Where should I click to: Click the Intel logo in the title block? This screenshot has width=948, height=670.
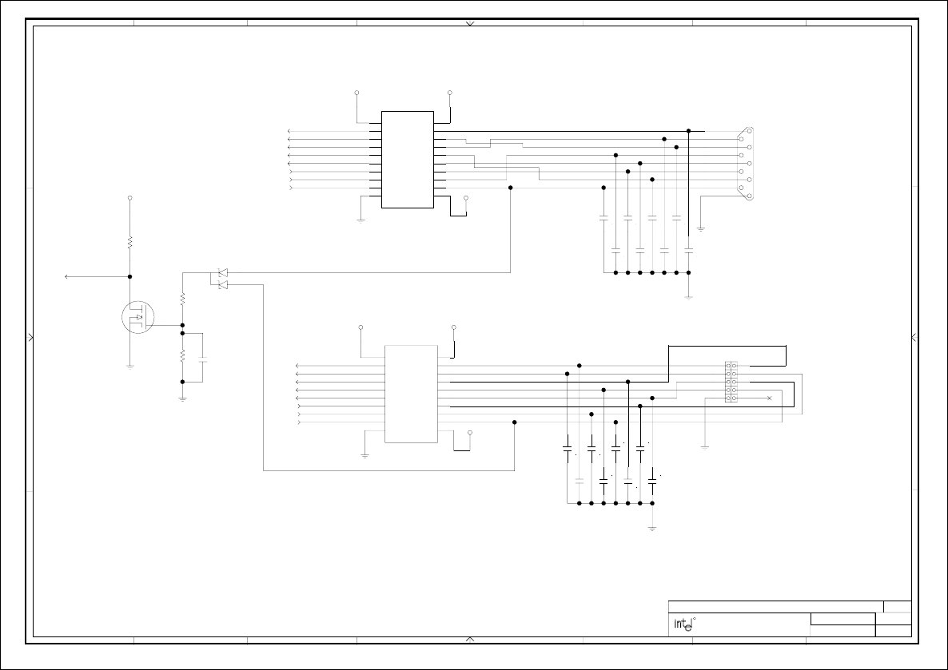(684, 624)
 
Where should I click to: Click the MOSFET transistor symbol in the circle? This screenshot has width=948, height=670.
(137, 317)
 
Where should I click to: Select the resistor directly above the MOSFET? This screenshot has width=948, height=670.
(130, 242)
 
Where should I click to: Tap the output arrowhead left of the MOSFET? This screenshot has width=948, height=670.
(66, 276)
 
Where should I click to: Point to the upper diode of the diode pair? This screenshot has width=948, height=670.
(222, 273)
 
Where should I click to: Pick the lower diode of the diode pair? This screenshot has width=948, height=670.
(222, 284)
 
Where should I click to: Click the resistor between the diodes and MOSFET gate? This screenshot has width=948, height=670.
(182, 299)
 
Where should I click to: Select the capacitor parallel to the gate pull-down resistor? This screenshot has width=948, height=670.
(202, 360)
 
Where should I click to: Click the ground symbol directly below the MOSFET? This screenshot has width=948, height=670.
(130, 366)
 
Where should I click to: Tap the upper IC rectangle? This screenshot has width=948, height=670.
(408, 160)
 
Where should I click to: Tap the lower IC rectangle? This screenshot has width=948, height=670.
(412, 394)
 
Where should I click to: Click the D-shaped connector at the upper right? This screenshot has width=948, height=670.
(746, 163)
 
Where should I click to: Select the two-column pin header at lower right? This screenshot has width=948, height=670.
(731, 382)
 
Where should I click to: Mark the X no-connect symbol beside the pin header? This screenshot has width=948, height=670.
(769, 398)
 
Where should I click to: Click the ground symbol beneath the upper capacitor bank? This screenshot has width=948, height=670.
(689, 297)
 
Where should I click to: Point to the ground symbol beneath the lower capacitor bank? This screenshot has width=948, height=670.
(652, 528)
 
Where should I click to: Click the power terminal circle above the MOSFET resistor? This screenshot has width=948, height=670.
(130, 198)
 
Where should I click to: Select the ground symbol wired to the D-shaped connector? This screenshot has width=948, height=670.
(701, 229)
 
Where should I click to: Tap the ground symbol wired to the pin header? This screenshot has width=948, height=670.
(705, 448)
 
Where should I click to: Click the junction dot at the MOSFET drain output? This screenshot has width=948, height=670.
(130, 276)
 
